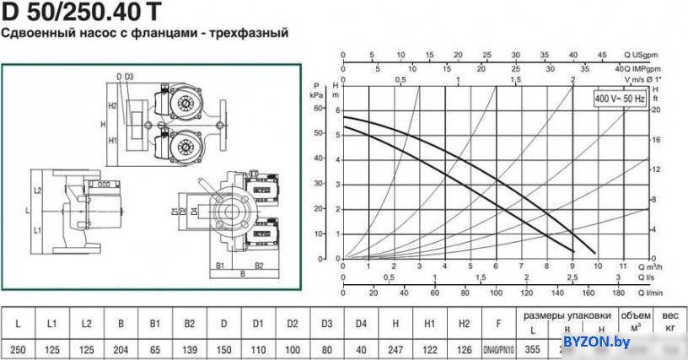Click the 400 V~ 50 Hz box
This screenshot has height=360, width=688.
pyautogui.click(x=620, y=99)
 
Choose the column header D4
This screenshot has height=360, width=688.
pyautogui.click(x=362, y=323)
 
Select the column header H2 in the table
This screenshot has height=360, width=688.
pyautogui.click(x=465, y=323)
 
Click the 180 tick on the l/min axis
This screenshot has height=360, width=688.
pyautogui.click(x=618, y=293)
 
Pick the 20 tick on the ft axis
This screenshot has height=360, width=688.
pyautogui.click(x=655, y=110)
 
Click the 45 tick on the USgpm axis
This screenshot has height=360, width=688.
pyautogui.click(x=602, y=55)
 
